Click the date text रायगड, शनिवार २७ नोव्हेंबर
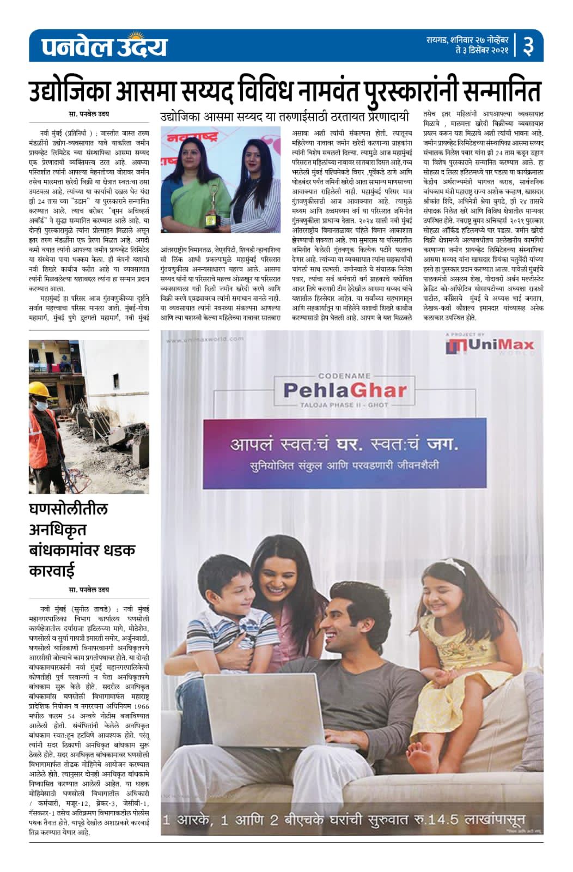(467, 40)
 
